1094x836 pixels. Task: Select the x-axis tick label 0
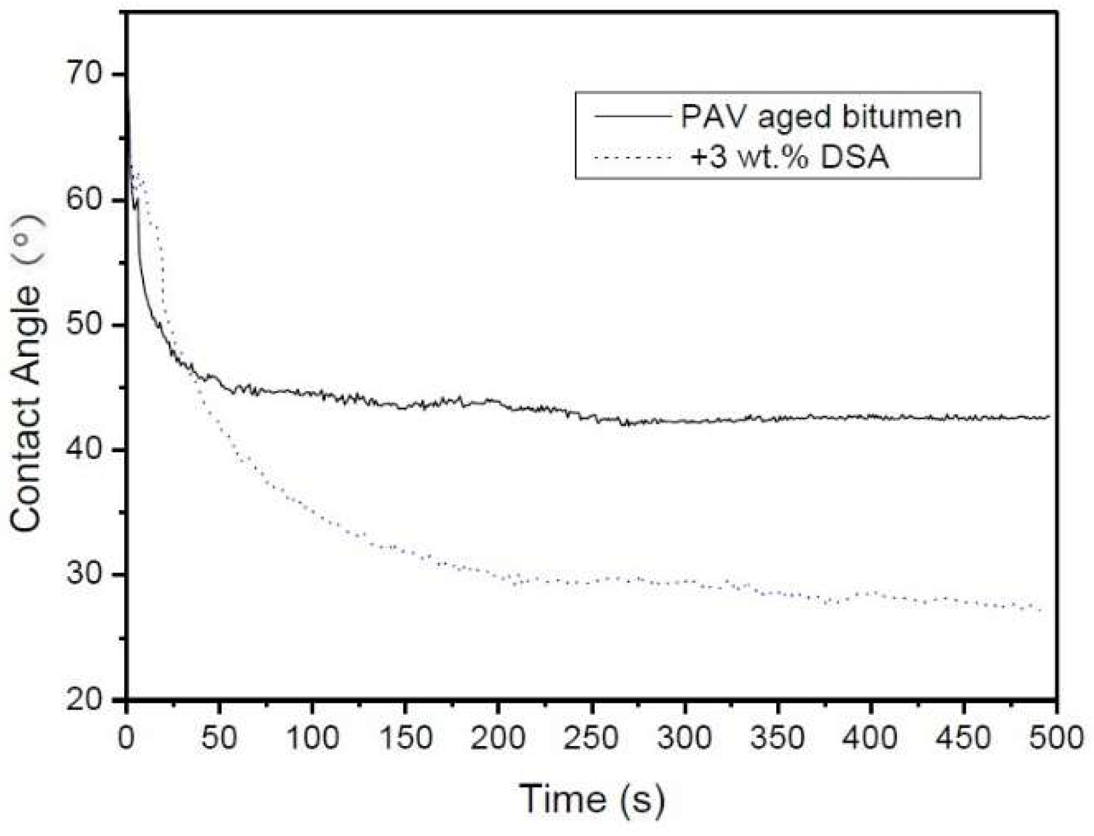(x=127, y=738)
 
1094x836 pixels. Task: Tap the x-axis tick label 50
(x=219, y=738)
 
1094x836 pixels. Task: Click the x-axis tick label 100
(x=312, y=738)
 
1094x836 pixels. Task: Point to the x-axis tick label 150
(x=405, y=738)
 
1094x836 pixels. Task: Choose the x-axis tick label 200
(x=498, y=738)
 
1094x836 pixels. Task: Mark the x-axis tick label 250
(x=591, y=738)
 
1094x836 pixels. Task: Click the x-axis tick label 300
(x=685, y=738)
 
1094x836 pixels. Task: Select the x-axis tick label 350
(x=778, y=738)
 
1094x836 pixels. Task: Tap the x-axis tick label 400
(x=871, y=738)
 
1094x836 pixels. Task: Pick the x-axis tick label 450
(x=964, y=738)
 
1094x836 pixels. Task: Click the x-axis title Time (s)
(x=591, y=799)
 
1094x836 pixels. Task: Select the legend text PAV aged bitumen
(x=821, y=116)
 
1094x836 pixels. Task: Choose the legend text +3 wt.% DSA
(x=790, y=158)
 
